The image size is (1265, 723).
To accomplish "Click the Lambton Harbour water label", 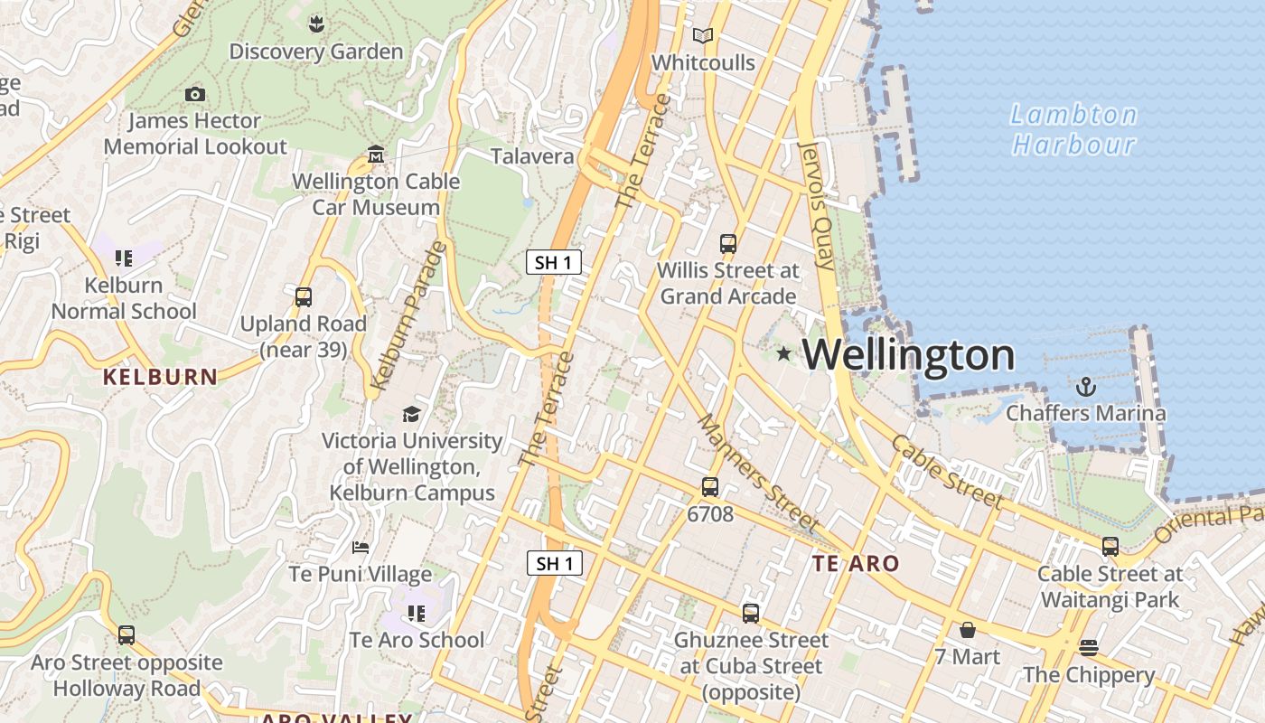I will (1073, 129).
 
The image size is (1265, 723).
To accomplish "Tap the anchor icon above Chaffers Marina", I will (1085, 388).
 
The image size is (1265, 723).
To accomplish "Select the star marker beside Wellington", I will (783, 354).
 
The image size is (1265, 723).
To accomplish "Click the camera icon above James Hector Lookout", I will (194, 94).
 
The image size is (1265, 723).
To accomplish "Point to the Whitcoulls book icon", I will (702, 36).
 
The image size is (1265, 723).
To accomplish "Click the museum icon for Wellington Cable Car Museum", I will (376, 155).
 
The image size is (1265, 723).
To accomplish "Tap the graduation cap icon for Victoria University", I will (411, 414).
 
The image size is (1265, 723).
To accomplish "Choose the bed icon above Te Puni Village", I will (361, 548).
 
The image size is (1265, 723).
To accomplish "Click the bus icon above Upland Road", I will (304, 296).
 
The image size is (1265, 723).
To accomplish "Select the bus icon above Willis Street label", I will (728, 243).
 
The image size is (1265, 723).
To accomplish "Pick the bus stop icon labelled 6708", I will (710, 487).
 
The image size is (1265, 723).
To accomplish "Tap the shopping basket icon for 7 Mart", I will (968, 629).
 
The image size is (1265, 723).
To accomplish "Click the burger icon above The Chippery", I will (1089, 647).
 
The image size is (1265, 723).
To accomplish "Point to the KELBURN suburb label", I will (160, 377).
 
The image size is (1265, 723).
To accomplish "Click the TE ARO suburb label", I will (856, 564).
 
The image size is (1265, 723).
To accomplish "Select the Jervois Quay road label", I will (817, 205).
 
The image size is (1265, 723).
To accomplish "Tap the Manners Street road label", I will (758, 474).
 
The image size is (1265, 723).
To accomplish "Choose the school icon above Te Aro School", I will (416, 614).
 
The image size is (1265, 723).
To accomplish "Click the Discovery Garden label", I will (315, 52).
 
